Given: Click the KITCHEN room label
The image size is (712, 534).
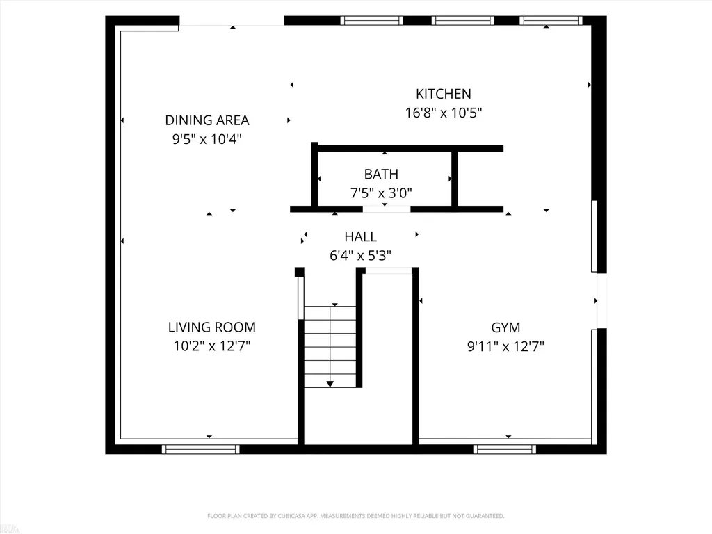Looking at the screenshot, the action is (443, 94).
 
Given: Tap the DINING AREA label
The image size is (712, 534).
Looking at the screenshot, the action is (207, 120).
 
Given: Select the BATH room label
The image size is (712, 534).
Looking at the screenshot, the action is (381, 175).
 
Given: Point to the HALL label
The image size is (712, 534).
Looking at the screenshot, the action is (361, 237).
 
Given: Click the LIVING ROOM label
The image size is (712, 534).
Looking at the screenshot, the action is (211, 327).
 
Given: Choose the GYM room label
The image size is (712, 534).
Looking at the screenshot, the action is (505, 328).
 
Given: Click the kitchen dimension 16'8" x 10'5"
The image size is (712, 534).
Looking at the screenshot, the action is (443, 113).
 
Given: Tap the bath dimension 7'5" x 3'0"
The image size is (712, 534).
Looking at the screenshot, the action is (381, 193).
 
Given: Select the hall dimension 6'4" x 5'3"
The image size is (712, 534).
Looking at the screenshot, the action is (361, 256).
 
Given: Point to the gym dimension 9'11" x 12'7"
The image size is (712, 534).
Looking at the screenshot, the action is (505, 347).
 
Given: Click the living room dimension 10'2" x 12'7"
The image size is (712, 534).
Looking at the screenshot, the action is (211, 346).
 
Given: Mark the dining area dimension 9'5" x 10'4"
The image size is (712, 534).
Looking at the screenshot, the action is (207, 139).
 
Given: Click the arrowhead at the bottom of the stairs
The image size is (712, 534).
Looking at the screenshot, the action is (330, 384).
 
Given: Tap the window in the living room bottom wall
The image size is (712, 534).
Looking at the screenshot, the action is (201, 450).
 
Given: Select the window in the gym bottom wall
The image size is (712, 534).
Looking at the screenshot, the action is (505, 450).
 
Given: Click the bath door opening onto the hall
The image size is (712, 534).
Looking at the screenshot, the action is (387, 209).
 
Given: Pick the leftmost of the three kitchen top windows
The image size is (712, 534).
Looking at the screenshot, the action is (371, 20).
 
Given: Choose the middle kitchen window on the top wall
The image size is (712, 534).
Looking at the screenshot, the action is (462, 20).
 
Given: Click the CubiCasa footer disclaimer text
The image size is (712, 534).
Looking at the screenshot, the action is (355, 516).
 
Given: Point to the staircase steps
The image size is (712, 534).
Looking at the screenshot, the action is (330, 347).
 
